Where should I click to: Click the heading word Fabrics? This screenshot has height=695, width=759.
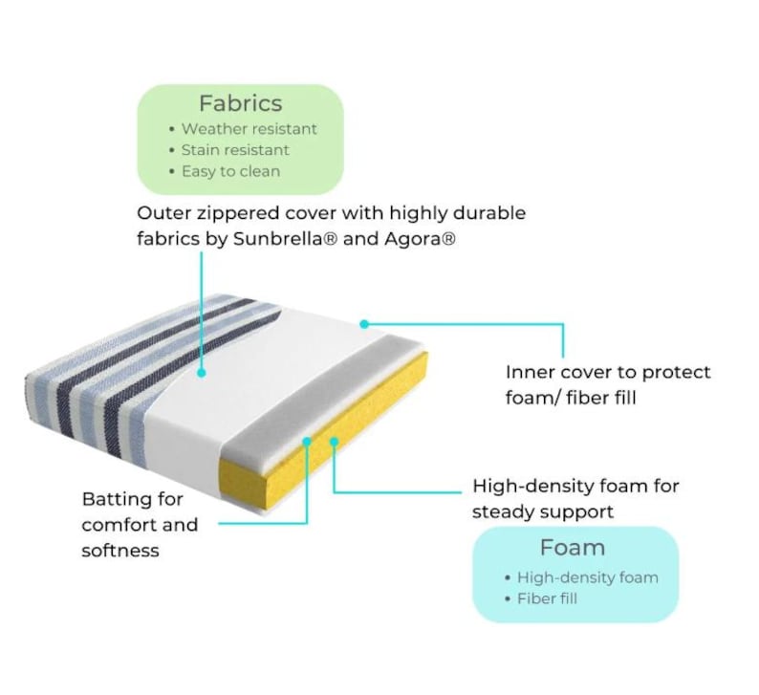[240, 103]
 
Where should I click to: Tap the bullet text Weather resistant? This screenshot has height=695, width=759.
[249, 129]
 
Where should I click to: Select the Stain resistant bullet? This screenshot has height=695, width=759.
[235, 150]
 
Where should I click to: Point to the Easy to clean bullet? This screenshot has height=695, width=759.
[230, 171]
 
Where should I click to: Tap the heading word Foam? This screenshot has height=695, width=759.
[573, 548]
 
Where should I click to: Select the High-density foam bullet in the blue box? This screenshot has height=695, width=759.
[588, 577]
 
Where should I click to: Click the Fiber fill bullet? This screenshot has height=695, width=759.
[547, 598]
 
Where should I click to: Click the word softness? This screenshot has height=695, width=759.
[120, 551]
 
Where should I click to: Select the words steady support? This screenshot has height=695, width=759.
[543, 512]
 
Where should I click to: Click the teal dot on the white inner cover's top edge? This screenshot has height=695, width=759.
[364, 324]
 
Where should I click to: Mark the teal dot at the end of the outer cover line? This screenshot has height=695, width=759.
[202, 373]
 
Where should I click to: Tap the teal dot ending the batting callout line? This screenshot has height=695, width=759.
[307, 442]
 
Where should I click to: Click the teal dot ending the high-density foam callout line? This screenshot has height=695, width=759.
[334, 441]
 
